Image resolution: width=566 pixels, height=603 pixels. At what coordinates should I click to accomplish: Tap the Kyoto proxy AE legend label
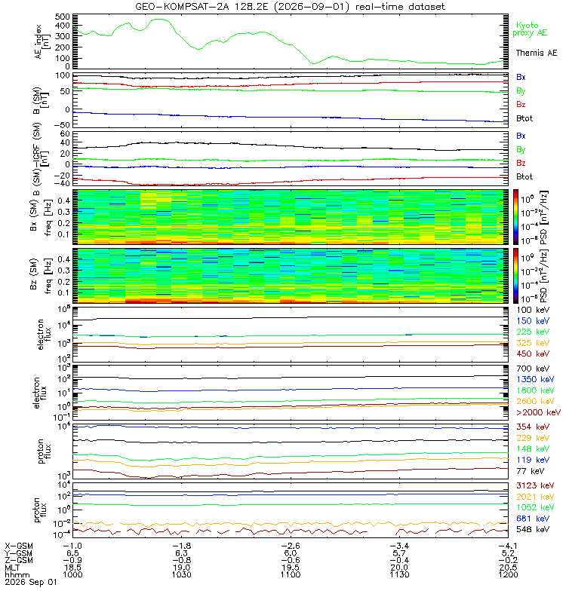(530, 29)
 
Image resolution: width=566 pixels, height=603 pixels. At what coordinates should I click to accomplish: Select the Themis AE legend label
(537, 53)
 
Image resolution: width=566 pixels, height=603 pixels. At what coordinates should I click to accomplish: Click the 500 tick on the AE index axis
(63, 17)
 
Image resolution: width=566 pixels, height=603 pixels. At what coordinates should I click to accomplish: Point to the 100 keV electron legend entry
(533, 310)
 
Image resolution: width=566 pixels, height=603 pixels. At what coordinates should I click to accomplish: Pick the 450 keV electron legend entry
(533, 354)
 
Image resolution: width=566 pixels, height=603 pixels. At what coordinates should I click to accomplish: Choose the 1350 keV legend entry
(535, 379)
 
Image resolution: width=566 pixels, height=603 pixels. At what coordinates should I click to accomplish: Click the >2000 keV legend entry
(538, 412)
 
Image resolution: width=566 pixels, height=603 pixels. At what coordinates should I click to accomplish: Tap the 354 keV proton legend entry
(533, 427)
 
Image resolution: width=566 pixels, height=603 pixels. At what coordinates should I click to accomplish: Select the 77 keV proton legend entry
(531, 470)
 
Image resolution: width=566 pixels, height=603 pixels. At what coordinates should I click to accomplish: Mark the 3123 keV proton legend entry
(535, 485)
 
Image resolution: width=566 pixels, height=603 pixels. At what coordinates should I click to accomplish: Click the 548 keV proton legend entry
(533, 529)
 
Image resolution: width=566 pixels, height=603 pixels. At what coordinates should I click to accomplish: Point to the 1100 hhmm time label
(291, 574)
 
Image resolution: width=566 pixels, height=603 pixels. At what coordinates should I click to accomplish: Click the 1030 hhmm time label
(181, 574)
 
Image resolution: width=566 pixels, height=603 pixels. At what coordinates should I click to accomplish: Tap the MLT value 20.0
(399, 568)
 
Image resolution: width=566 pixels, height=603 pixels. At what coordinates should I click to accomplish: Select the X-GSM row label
(19, 546)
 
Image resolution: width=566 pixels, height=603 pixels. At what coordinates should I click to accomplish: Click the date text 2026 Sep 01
(31, 582)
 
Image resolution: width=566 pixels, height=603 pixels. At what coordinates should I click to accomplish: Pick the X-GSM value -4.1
(508, 546)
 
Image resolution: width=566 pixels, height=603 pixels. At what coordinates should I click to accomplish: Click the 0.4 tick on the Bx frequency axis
(64, 200)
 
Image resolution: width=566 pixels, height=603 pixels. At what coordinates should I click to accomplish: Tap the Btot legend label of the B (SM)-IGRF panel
(524, 176)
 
